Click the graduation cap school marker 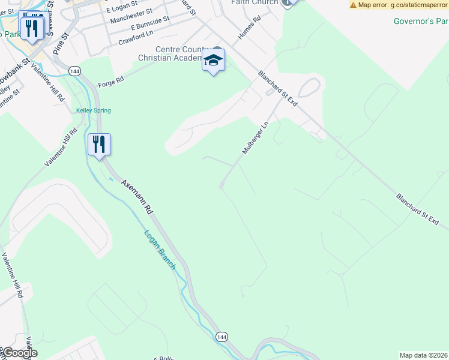213,61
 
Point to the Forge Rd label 110,80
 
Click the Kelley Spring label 93,110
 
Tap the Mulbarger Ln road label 254,137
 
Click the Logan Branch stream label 160,250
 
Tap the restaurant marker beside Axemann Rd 99,145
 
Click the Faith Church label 255,2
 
